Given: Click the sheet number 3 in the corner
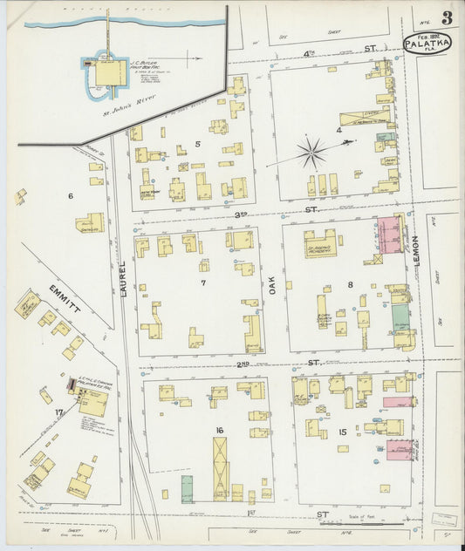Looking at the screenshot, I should click(x=446, y=18).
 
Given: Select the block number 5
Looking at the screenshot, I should click(x=198, y=144).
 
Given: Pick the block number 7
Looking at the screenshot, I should click(x=202, y=283).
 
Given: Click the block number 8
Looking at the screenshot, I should click(x=351, y=283).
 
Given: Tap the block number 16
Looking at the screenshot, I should click(x=220, y=430).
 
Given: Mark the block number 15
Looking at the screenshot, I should click(x=343, y=432).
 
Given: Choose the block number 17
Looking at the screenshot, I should click(x=58, y=412).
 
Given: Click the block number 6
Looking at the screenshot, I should click(x=71, y=196).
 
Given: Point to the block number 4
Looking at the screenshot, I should click(x=338, y=132).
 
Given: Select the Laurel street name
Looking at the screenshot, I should click(x=123, y=280).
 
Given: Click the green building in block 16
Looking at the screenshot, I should click(x=188, y=488).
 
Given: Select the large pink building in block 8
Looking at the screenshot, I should click(x=389, y=235).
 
